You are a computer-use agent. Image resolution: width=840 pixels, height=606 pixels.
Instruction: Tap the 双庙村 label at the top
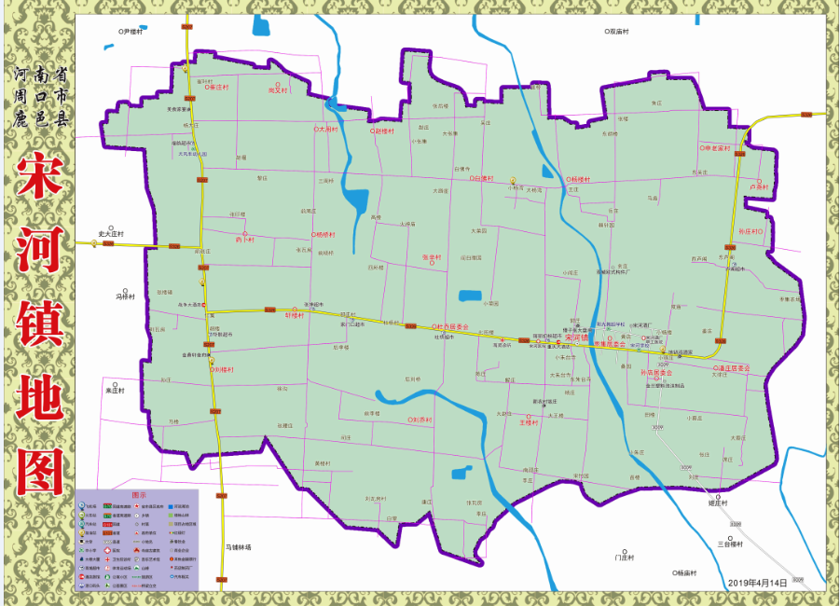point(615,31)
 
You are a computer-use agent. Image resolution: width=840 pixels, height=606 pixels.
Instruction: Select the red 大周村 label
point(325,130)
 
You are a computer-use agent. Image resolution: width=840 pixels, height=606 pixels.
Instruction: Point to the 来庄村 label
point(116,390)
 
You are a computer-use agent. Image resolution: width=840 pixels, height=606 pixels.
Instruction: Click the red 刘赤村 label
point(420,420)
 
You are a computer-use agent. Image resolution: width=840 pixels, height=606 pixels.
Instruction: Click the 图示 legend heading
point(138,495)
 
